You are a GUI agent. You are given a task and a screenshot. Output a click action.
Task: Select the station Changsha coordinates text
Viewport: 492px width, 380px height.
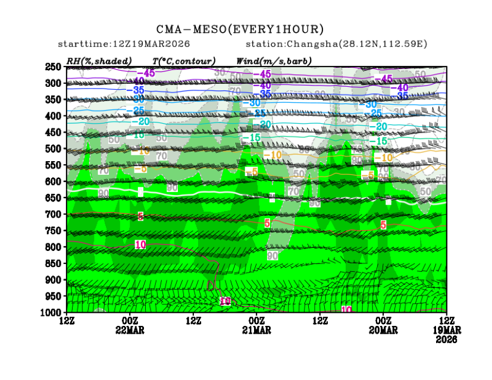coord(336,44)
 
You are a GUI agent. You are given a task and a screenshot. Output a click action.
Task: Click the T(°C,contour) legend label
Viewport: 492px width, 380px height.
coord(184,61)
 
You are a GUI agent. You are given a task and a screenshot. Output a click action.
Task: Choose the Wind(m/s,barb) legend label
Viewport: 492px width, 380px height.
coord(274,61)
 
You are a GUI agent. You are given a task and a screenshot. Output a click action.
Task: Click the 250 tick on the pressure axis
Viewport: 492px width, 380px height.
coord(54,67)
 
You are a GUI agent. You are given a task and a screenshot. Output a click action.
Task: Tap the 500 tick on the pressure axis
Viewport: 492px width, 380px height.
coord(54,149)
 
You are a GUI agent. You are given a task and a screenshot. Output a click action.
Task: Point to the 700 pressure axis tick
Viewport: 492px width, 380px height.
coord(54,214)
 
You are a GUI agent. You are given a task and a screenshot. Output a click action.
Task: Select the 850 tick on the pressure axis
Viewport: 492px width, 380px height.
coord(54,263)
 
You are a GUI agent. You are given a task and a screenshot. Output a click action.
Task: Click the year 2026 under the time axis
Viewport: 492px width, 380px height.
coord(446,340)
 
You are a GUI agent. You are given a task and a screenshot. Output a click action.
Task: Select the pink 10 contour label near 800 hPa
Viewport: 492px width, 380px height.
coord(140,244)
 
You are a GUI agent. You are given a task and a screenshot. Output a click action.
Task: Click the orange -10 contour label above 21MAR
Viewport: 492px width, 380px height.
coord(272,155)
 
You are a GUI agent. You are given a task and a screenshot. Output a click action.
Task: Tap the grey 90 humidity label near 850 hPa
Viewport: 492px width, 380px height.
coord(272,256)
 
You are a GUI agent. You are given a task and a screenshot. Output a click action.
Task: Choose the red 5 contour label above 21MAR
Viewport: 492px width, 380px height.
coord(267,222)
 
